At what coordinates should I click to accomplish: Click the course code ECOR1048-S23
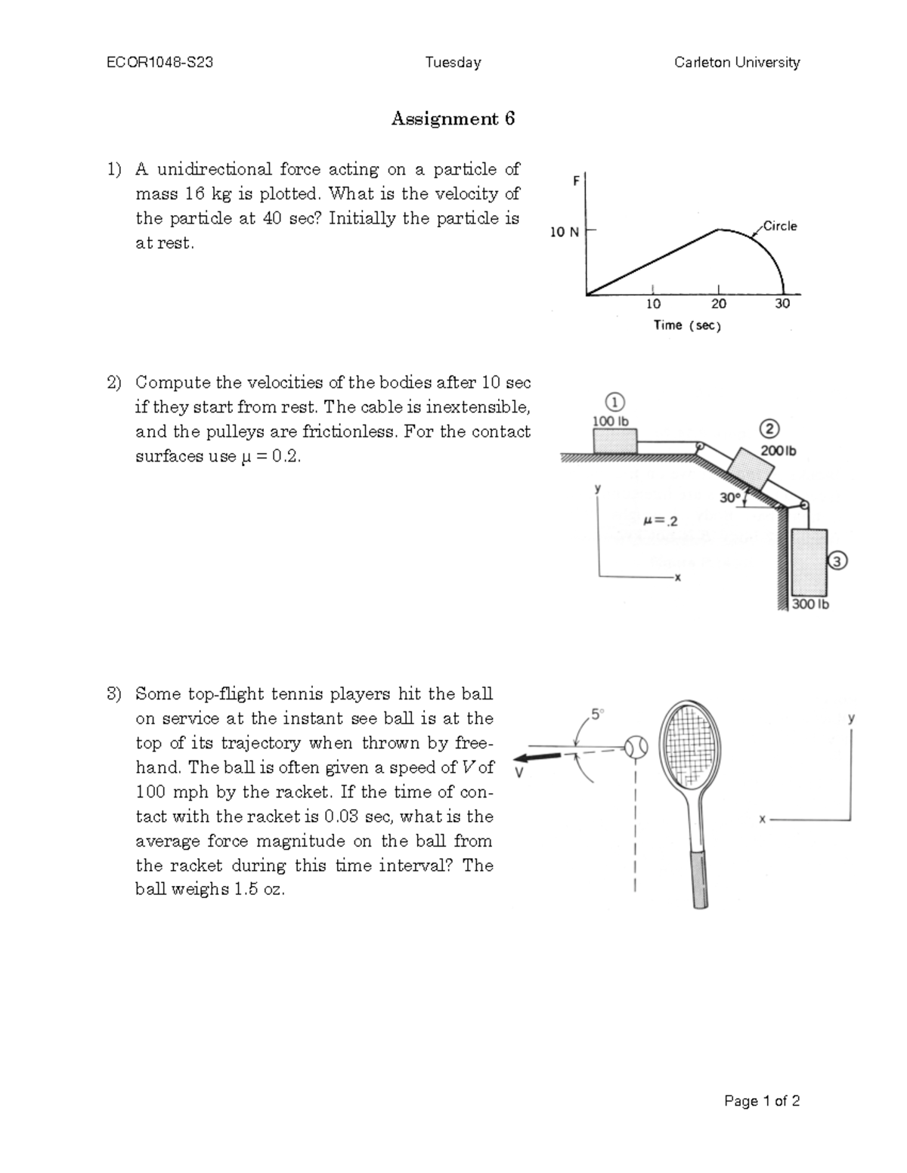pos(159,63)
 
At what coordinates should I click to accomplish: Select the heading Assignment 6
pos(453,119)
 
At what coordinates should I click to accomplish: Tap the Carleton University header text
pos(737,63)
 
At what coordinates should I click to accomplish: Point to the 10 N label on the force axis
pos(564,232)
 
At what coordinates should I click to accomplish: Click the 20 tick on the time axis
pos(718,304)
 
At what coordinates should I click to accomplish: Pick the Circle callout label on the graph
pos(779,226)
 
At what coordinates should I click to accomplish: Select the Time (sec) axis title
pos(687,326)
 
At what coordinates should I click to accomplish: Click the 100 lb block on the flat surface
pos(614,440)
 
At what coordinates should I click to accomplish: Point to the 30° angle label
pos(729,498)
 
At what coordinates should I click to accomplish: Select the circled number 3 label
pos(838,560)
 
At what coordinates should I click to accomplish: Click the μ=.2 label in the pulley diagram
pos(660,520)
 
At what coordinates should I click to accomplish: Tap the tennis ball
pos(637,747)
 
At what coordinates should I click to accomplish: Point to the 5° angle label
pos(597,713)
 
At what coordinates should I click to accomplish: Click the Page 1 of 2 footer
pos(761,1100)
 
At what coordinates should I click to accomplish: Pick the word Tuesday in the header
pos(453,63)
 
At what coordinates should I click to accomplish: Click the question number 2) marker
pos(113,383)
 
